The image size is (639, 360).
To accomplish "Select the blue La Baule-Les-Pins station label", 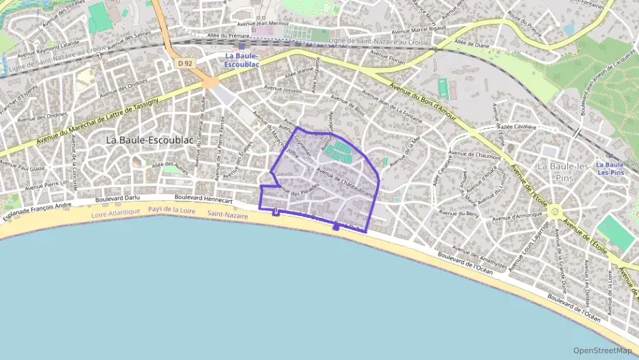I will pos(610,168).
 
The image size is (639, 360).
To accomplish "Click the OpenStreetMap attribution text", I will pos(602,350).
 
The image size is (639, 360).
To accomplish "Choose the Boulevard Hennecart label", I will pos(203,197).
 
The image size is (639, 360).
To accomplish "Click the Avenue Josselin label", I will pos(283,89).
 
